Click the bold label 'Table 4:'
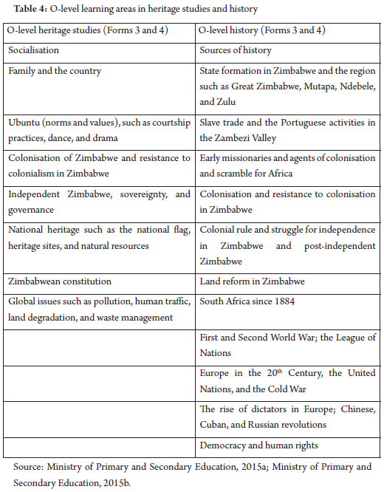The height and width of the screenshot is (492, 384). point(24,8)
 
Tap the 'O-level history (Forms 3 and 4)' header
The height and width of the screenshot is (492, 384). point(263,31)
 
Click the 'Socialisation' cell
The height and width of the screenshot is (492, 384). point(34,50)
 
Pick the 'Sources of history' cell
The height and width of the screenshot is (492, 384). point(236,50)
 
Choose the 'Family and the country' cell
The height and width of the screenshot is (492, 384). point(55,71)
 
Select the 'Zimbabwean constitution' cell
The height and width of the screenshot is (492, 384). point(60,281)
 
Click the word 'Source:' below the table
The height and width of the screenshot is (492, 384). point(30,467)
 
